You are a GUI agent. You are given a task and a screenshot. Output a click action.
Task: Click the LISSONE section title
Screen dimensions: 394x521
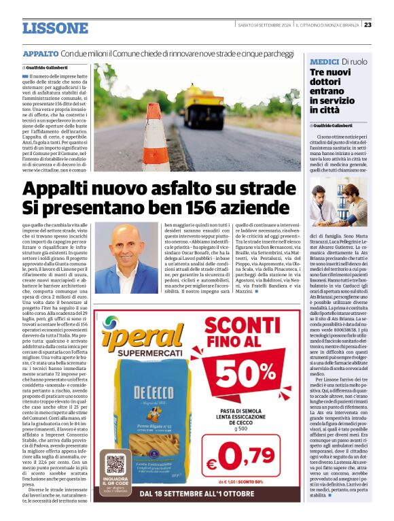[x=55, y=28]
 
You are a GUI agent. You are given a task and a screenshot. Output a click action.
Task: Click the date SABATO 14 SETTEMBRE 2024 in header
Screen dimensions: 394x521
[x=264, y=26]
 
